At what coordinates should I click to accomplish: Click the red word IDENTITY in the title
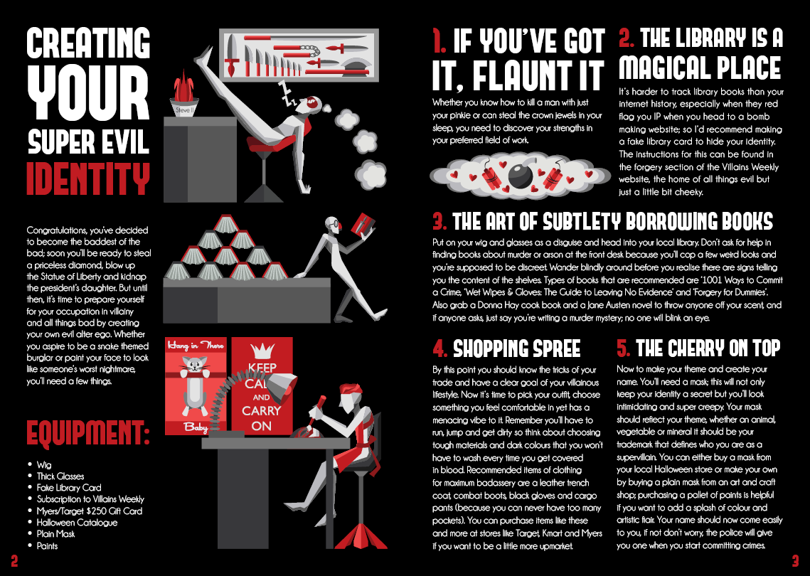(x=88, y=178)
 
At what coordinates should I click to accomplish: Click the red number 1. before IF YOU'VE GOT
(x=439, y=41)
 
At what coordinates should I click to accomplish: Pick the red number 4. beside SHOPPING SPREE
(x=440, y=348)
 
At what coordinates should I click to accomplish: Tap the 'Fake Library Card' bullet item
(x=69, y=488)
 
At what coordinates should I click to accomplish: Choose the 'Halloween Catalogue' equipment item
(x=77, y=523)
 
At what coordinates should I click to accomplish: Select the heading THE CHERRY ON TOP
(x=708, y=348)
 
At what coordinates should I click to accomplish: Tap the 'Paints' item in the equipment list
(x=47, y=546)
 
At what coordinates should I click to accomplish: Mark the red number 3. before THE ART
(x=439, y=221)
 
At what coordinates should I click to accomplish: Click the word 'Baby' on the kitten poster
(x=193, y=428)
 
